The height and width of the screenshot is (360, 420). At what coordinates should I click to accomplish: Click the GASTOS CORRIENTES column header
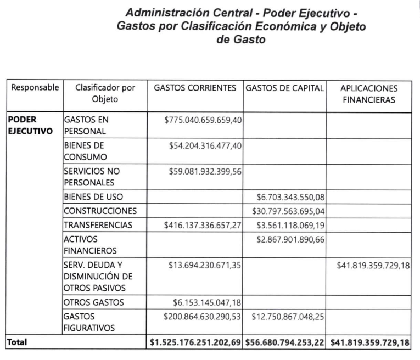click(195, 88)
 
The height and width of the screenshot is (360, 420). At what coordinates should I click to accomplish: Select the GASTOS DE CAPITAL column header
click(285, 88)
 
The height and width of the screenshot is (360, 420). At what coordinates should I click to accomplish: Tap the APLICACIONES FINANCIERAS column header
click(368, 94)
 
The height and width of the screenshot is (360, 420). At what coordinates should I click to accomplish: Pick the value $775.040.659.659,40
click(203, 120)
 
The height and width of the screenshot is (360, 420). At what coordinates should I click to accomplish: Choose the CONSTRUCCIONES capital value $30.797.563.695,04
click(288, 211)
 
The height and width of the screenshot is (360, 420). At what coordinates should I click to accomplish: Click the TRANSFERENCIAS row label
click(98, 224)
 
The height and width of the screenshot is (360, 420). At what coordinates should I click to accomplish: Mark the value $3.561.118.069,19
click(288, 224)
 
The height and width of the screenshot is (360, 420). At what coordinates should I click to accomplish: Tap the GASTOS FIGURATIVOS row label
click(87, 322)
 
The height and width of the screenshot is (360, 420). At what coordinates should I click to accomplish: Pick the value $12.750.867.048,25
click(288, 317)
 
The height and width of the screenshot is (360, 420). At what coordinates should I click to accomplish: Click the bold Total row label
click(17, 342)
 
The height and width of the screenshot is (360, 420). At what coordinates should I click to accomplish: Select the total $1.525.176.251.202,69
click(195, 342)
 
